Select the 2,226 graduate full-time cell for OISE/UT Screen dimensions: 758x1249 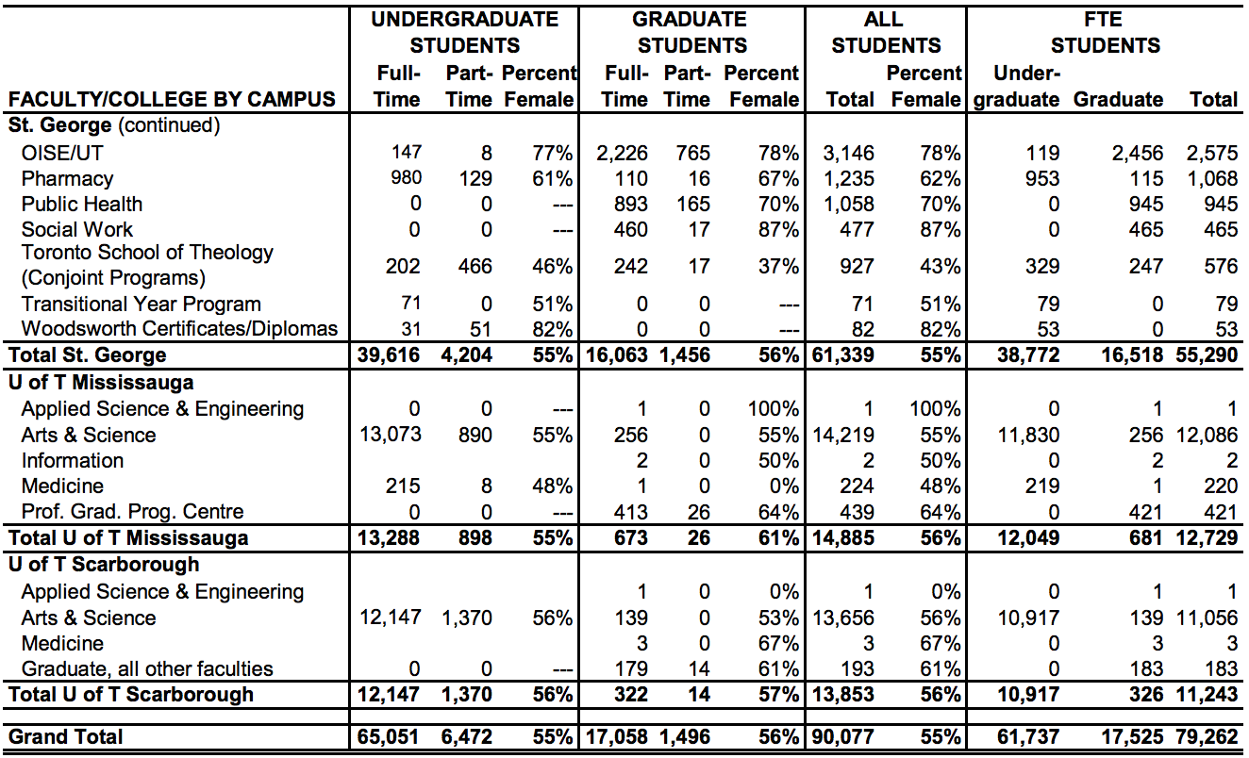(x=624, y=153)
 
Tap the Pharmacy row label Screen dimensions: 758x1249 (x=67, y=178)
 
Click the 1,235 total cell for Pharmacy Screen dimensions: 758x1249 (x=848, y=178)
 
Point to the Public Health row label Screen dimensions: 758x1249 (x=82, y=204)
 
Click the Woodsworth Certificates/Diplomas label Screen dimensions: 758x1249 (x=179, y=329)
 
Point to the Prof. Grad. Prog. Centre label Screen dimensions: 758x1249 (x=132, y=512)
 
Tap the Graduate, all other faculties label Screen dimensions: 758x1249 (x=147, y=668)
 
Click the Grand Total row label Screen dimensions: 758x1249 (x=65, y=736)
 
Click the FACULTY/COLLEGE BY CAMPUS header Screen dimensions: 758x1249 (x=172, y=99)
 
